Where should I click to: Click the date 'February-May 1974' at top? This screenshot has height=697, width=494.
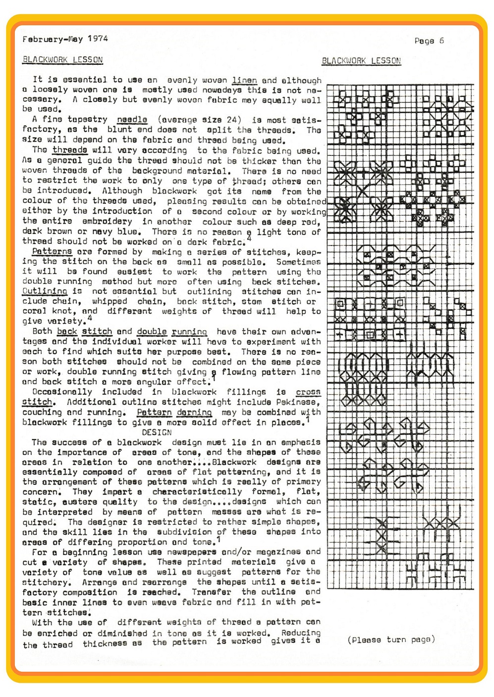[65, 39]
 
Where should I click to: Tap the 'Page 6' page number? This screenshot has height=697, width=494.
[429, 41]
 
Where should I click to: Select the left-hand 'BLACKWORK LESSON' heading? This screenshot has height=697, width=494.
[62, 60]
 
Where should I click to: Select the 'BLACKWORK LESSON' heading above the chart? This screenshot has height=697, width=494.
[361, 61]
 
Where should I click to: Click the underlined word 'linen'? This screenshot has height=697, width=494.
[244, 80]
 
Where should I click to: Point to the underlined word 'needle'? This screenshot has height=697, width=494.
[132, 120]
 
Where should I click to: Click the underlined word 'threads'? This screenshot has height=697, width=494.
[70, 150]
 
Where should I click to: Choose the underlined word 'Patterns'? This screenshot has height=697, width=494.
[52, 251]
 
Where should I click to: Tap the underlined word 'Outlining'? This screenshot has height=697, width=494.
[45, 291]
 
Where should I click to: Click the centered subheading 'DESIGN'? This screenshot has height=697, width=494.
[157, 432]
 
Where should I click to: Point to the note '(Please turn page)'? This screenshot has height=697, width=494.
[391, 640]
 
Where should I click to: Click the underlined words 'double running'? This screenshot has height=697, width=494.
[172, 331]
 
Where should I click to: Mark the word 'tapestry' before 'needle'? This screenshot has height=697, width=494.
[87, 120]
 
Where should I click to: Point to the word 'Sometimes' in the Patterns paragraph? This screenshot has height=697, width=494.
[298, 262]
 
